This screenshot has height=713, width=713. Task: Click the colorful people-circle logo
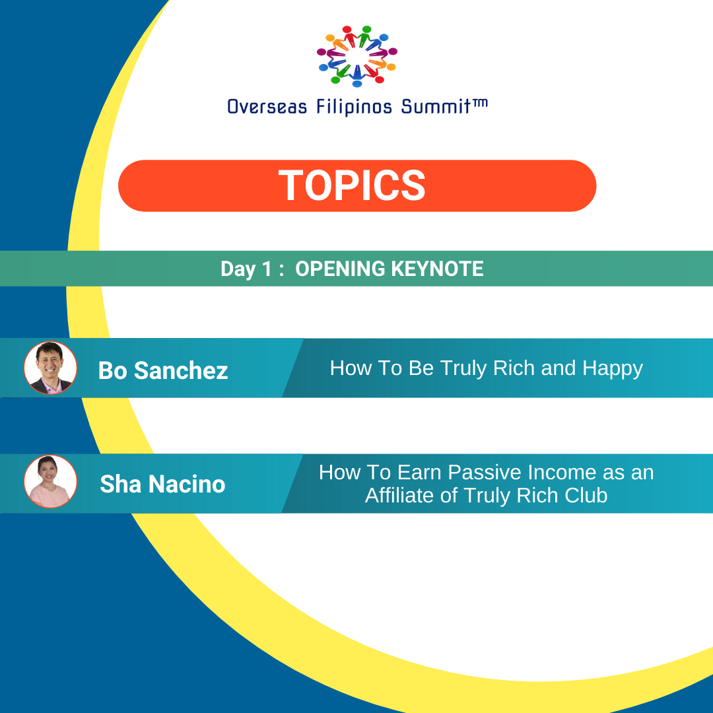357,56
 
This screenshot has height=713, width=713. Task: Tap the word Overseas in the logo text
267,107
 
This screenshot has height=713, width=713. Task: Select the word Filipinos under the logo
354,108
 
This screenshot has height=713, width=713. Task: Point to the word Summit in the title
436,107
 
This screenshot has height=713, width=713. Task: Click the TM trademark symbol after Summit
480,104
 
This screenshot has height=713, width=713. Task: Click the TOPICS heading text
352,185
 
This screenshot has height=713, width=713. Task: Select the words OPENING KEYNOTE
390,269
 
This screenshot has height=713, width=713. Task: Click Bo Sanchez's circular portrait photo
50,368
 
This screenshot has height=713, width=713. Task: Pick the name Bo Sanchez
163,370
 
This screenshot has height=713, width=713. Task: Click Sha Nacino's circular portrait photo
50,481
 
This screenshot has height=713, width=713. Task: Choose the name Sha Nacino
162,484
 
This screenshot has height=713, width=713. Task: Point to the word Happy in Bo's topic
613,369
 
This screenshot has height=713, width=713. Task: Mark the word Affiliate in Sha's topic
398,495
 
